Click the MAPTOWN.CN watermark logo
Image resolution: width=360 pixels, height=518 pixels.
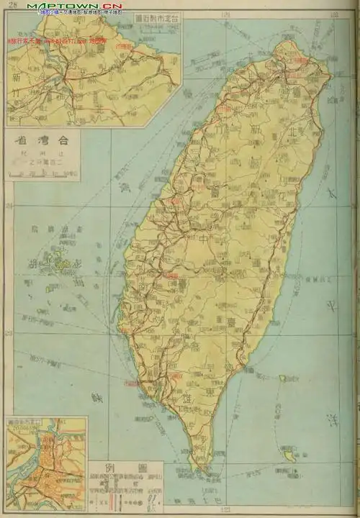75,6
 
